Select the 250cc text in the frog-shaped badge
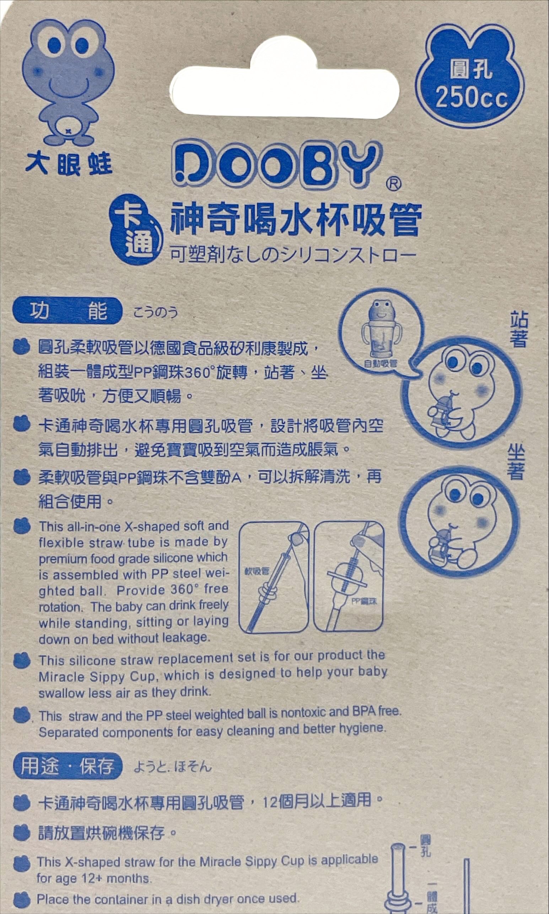471,98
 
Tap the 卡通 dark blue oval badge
136,234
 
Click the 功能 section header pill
67,310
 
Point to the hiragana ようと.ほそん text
172,766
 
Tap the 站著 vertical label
519,329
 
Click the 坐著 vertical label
516,462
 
